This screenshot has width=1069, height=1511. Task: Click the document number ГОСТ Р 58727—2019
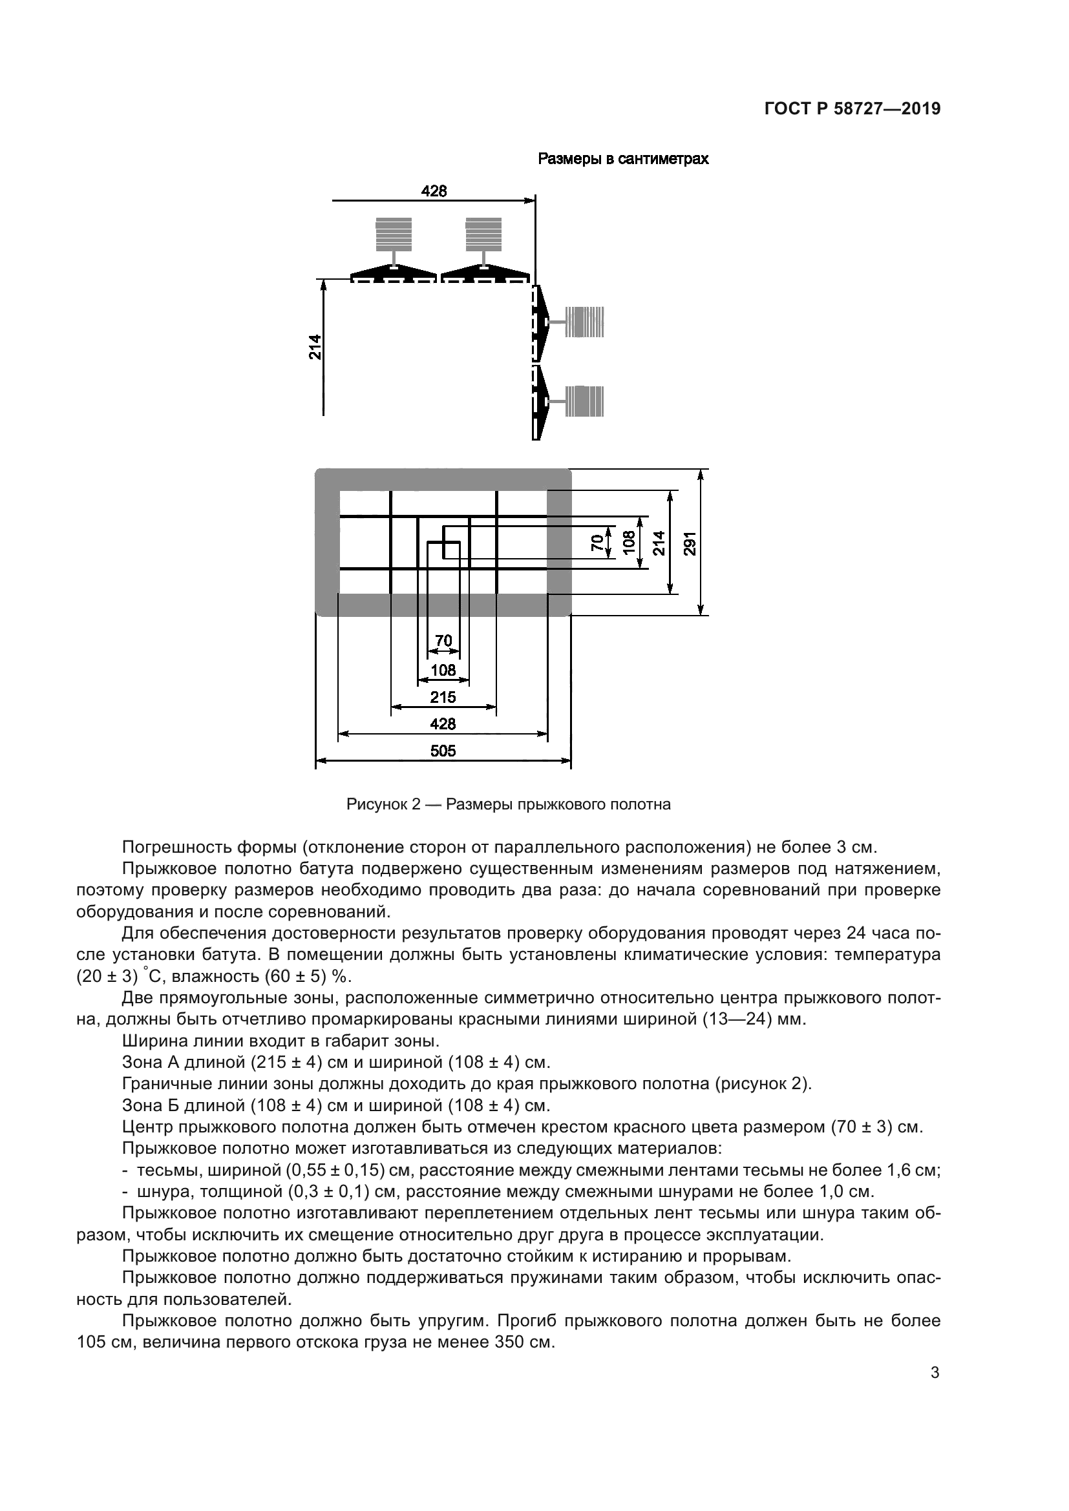tap(852, 109)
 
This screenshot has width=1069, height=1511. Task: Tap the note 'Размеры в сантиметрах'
tap(622, 160)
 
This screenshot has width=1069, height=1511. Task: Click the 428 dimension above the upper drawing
tap(434, 191)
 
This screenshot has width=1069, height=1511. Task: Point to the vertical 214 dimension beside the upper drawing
tap(315, 347)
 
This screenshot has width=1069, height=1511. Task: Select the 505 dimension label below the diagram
tap(443, 751)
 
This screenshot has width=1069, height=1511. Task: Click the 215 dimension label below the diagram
tap(443, 697)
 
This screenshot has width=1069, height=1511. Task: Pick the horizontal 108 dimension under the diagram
tap(443, 670)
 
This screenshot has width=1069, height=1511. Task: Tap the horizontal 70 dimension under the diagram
tap(443, 640)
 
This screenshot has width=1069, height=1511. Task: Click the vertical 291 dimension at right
tap(689, 543)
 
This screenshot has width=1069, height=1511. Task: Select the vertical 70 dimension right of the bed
tap(597, 542)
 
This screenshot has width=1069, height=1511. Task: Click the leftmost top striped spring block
tap(393, 234)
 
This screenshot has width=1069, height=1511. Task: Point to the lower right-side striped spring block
tap(584, 401)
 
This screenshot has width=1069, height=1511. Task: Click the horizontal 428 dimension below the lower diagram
tap(443, 724)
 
